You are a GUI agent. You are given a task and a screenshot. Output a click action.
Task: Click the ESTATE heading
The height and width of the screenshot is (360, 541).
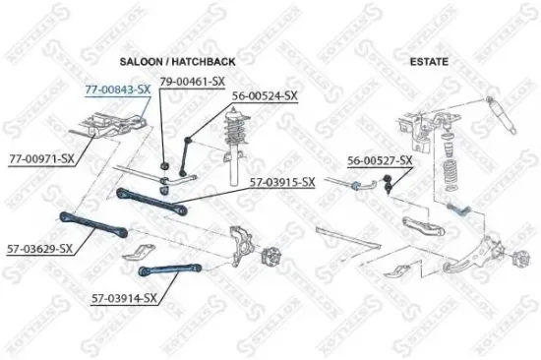pos(430,61)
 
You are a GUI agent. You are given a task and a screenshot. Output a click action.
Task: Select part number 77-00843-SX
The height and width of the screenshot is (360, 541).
pos(117,89)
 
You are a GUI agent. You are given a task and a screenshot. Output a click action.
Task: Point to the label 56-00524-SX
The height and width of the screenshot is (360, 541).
pos(264,96)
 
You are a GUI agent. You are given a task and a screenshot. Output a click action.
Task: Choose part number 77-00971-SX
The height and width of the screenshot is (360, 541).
pos(42,157)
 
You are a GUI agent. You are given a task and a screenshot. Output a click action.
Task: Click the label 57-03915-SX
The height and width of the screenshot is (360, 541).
pos(281,182)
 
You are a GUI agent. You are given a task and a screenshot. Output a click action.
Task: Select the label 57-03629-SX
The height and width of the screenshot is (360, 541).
pos(39,249)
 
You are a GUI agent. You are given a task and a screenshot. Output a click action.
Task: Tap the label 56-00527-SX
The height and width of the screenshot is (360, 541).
pos(380,159)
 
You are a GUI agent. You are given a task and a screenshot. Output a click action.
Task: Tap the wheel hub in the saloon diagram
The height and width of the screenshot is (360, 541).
pos(270,260)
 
